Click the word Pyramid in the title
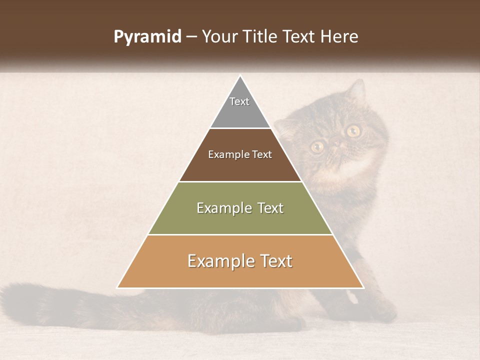tap(147, 37)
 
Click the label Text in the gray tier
tap(239, 101)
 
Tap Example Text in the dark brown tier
tap(240, 154)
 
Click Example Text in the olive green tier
tap(240, 208)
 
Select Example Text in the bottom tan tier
tap(240, 261)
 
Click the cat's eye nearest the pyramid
tap(317, 146)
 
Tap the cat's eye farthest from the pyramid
tap(353, 131)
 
